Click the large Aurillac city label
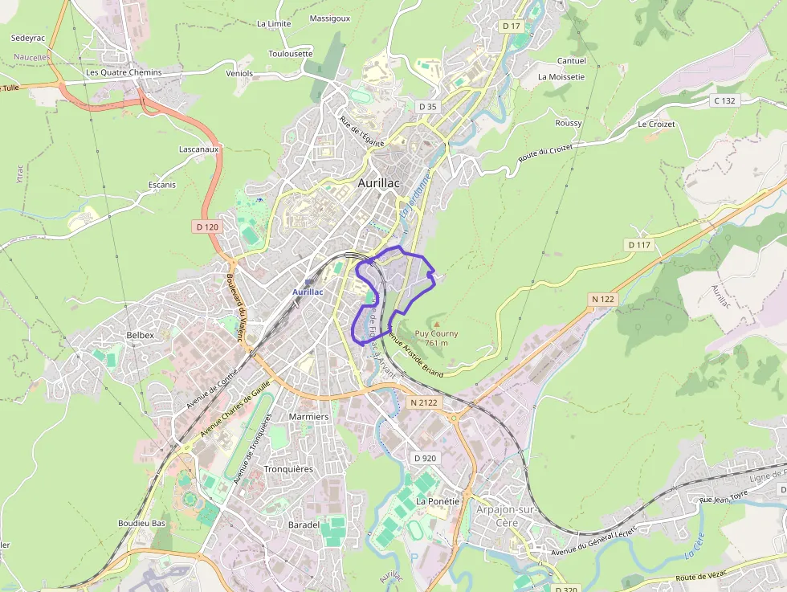(x=379, y=183)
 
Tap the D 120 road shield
(x=207, y=227)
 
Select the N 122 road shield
(x=602, y=300)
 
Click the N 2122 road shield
(x=424, y=402)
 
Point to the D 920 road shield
(x=425, y=458)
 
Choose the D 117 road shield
(x=640, y=244)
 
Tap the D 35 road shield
(x=427, y=106)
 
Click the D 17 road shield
(x=512, y=27)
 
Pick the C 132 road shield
(x=724, y=100)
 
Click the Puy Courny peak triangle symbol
(x=437, y=324)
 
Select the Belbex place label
(x=140, y=335)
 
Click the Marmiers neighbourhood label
(x=308, y=417)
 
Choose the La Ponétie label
(x=438, y=501)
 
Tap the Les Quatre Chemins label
(x=124, y=72)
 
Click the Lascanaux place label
(x=199, y=149)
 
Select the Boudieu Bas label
(x=141, y=523)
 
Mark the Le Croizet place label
(x=656, y=125)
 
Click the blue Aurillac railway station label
(x=308, y=292)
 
